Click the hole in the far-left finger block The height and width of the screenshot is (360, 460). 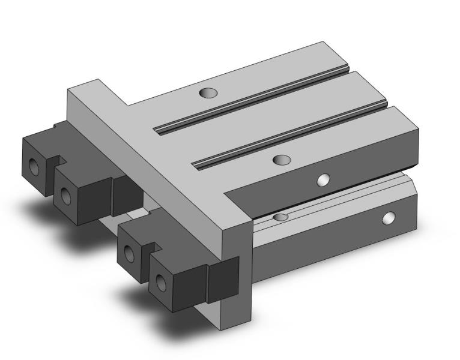coord(34,167)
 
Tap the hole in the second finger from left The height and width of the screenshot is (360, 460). coord(65,193)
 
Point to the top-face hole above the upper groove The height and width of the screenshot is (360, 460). coord(208,94)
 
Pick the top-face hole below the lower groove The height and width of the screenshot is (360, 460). coord(280,160)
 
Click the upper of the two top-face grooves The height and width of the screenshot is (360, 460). coord(252,100)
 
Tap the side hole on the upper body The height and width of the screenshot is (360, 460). coord(324,180)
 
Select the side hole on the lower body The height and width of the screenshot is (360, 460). coord(390,218)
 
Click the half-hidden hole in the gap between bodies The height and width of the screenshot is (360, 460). coord(279,216)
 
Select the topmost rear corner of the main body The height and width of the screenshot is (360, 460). coord(324,43)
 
